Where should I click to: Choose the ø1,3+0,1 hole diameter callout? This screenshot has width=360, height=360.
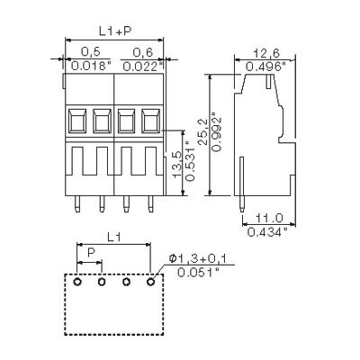[202, 260]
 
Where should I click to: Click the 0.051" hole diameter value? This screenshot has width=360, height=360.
[200, 273]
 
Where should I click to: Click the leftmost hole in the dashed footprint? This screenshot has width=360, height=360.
[78, 283]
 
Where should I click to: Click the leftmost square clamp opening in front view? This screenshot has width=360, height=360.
[78, 119]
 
